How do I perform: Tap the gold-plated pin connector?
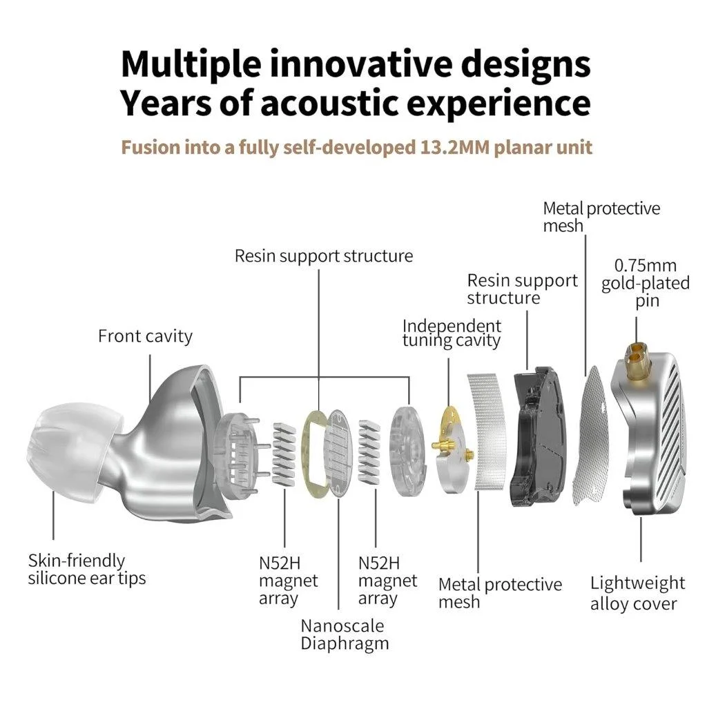click(x=635, y=355)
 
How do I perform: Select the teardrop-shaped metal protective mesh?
click(x=590, y=436)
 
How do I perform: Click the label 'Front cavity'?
click(x=145, y=336)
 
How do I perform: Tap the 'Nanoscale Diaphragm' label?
click(x=345, y=635)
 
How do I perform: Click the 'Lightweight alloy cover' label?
click(x=637, y=593)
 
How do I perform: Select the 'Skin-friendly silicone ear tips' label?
click(x=86, y=570)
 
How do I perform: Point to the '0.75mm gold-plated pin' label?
click(x=646, y=283)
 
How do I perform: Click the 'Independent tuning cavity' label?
click(x=452, y=333)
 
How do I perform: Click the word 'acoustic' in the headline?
click(x=331, y=104)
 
